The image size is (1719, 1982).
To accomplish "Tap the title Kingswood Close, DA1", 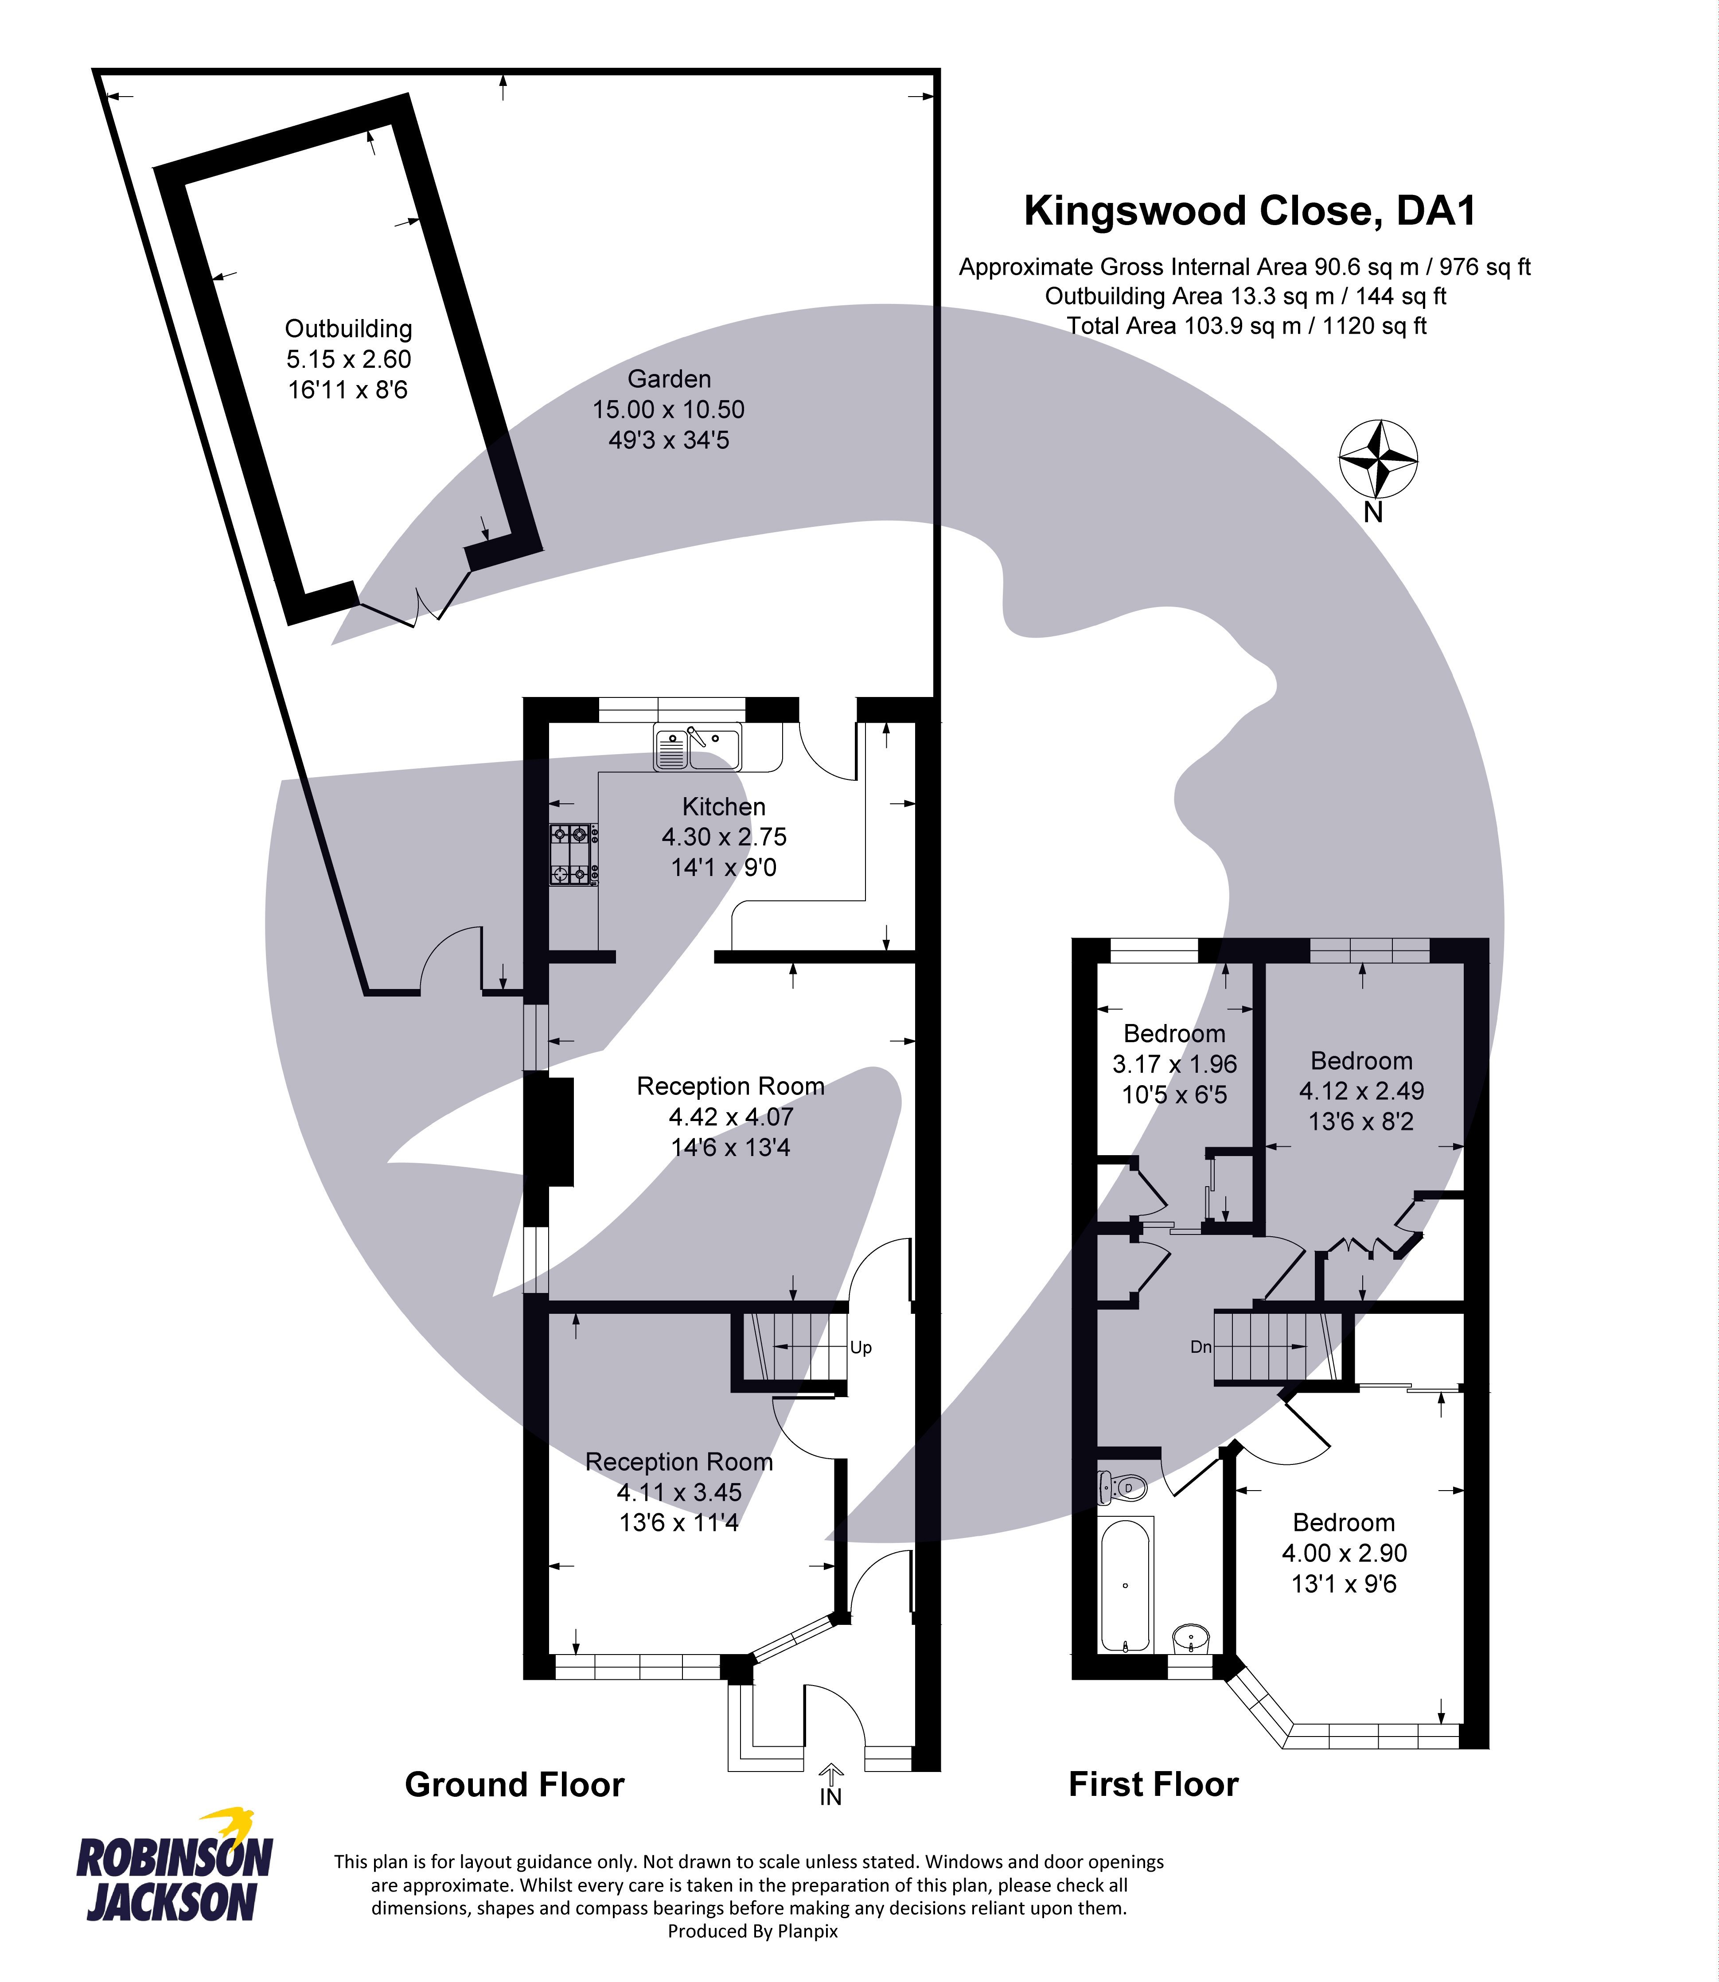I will [x=1249, y=211].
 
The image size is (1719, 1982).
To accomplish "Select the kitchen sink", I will [x=698, y=748].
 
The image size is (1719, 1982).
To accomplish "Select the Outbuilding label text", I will [x=348, y=329].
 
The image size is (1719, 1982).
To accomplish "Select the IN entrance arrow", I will [x=831, y=1784].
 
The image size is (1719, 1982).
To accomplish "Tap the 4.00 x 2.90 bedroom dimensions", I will [x=1344, y=1553].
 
